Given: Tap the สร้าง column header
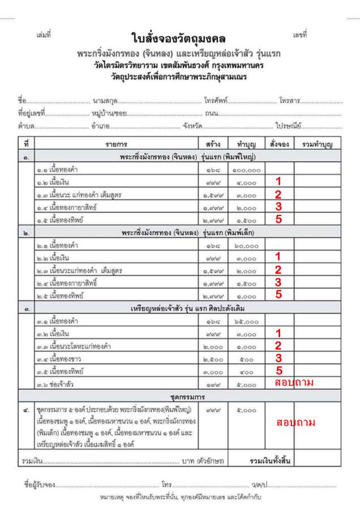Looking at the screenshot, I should [213, 144].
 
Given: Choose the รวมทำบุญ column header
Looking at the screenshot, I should [316, 144].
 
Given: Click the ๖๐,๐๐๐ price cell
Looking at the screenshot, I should [246, 246].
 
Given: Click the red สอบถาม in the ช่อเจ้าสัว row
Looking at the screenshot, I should [293, 383].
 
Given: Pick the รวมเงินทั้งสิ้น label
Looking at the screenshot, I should [271, 461].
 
